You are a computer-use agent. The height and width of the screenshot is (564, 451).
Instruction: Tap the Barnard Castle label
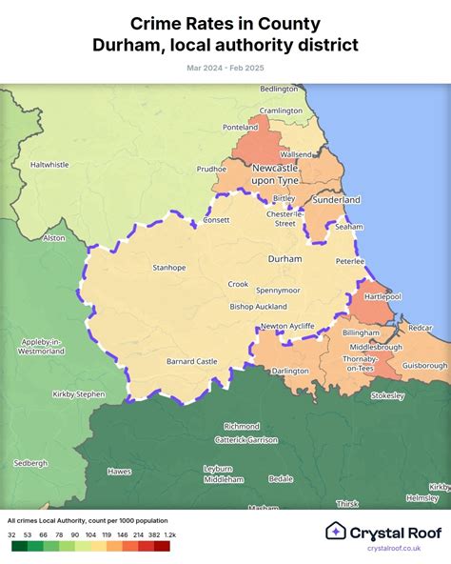pos(192,361)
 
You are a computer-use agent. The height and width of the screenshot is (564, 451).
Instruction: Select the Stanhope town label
pos(169,268)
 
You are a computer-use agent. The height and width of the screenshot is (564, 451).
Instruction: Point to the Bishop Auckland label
pos(259,307)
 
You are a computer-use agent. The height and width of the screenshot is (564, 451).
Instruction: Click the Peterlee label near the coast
pos(350,260)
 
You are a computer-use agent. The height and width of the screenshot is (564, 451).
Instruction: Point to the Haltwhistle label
pos(49,164)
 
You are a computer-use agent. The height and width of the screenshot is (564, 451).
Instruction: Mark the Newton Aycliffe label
pos(287,326)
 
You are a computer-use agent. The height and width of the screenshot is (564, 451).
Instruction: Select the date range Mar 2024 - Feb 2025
pos(225,67)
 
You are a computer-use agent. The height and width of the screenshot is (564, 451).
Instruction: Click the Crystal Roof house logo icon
pos(335,531)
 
